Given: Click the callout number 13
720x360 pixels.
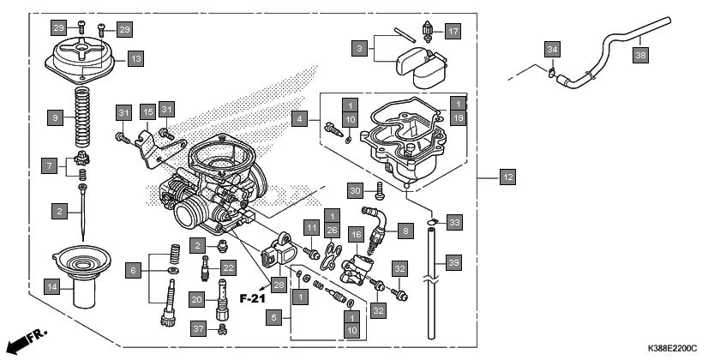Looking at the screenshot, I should (x=135, y=59).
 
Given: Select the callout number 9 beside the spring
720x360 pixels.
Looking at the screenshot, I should (x=55, y=117).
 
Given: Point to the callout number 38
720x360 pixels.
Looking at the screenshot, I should (x=640, y=55).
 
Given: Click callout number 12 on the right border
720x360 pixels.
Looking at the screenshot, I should (x=507, y=177).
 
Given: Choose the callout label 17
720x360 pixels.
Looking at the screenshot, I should (x=453, y=33).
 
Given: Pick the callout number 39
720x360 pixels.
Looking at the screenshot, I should (x=453, y=262).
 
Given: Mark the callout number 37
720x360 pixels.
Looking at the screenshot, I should (x=198, y=329).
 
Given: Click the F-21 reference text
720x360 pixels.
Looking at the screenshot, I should (x=255, y=299).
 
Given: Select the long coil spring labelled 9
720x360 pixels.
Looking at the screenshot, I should (x=83, y=116).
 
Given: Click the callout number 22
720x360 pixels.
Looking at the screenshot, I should (x=227, y=268).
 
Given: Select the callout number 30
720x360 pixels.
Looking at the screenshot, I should (x=356, y=189).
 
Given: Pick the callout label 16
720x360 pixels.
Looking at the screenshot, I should (x=357, y=233).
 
